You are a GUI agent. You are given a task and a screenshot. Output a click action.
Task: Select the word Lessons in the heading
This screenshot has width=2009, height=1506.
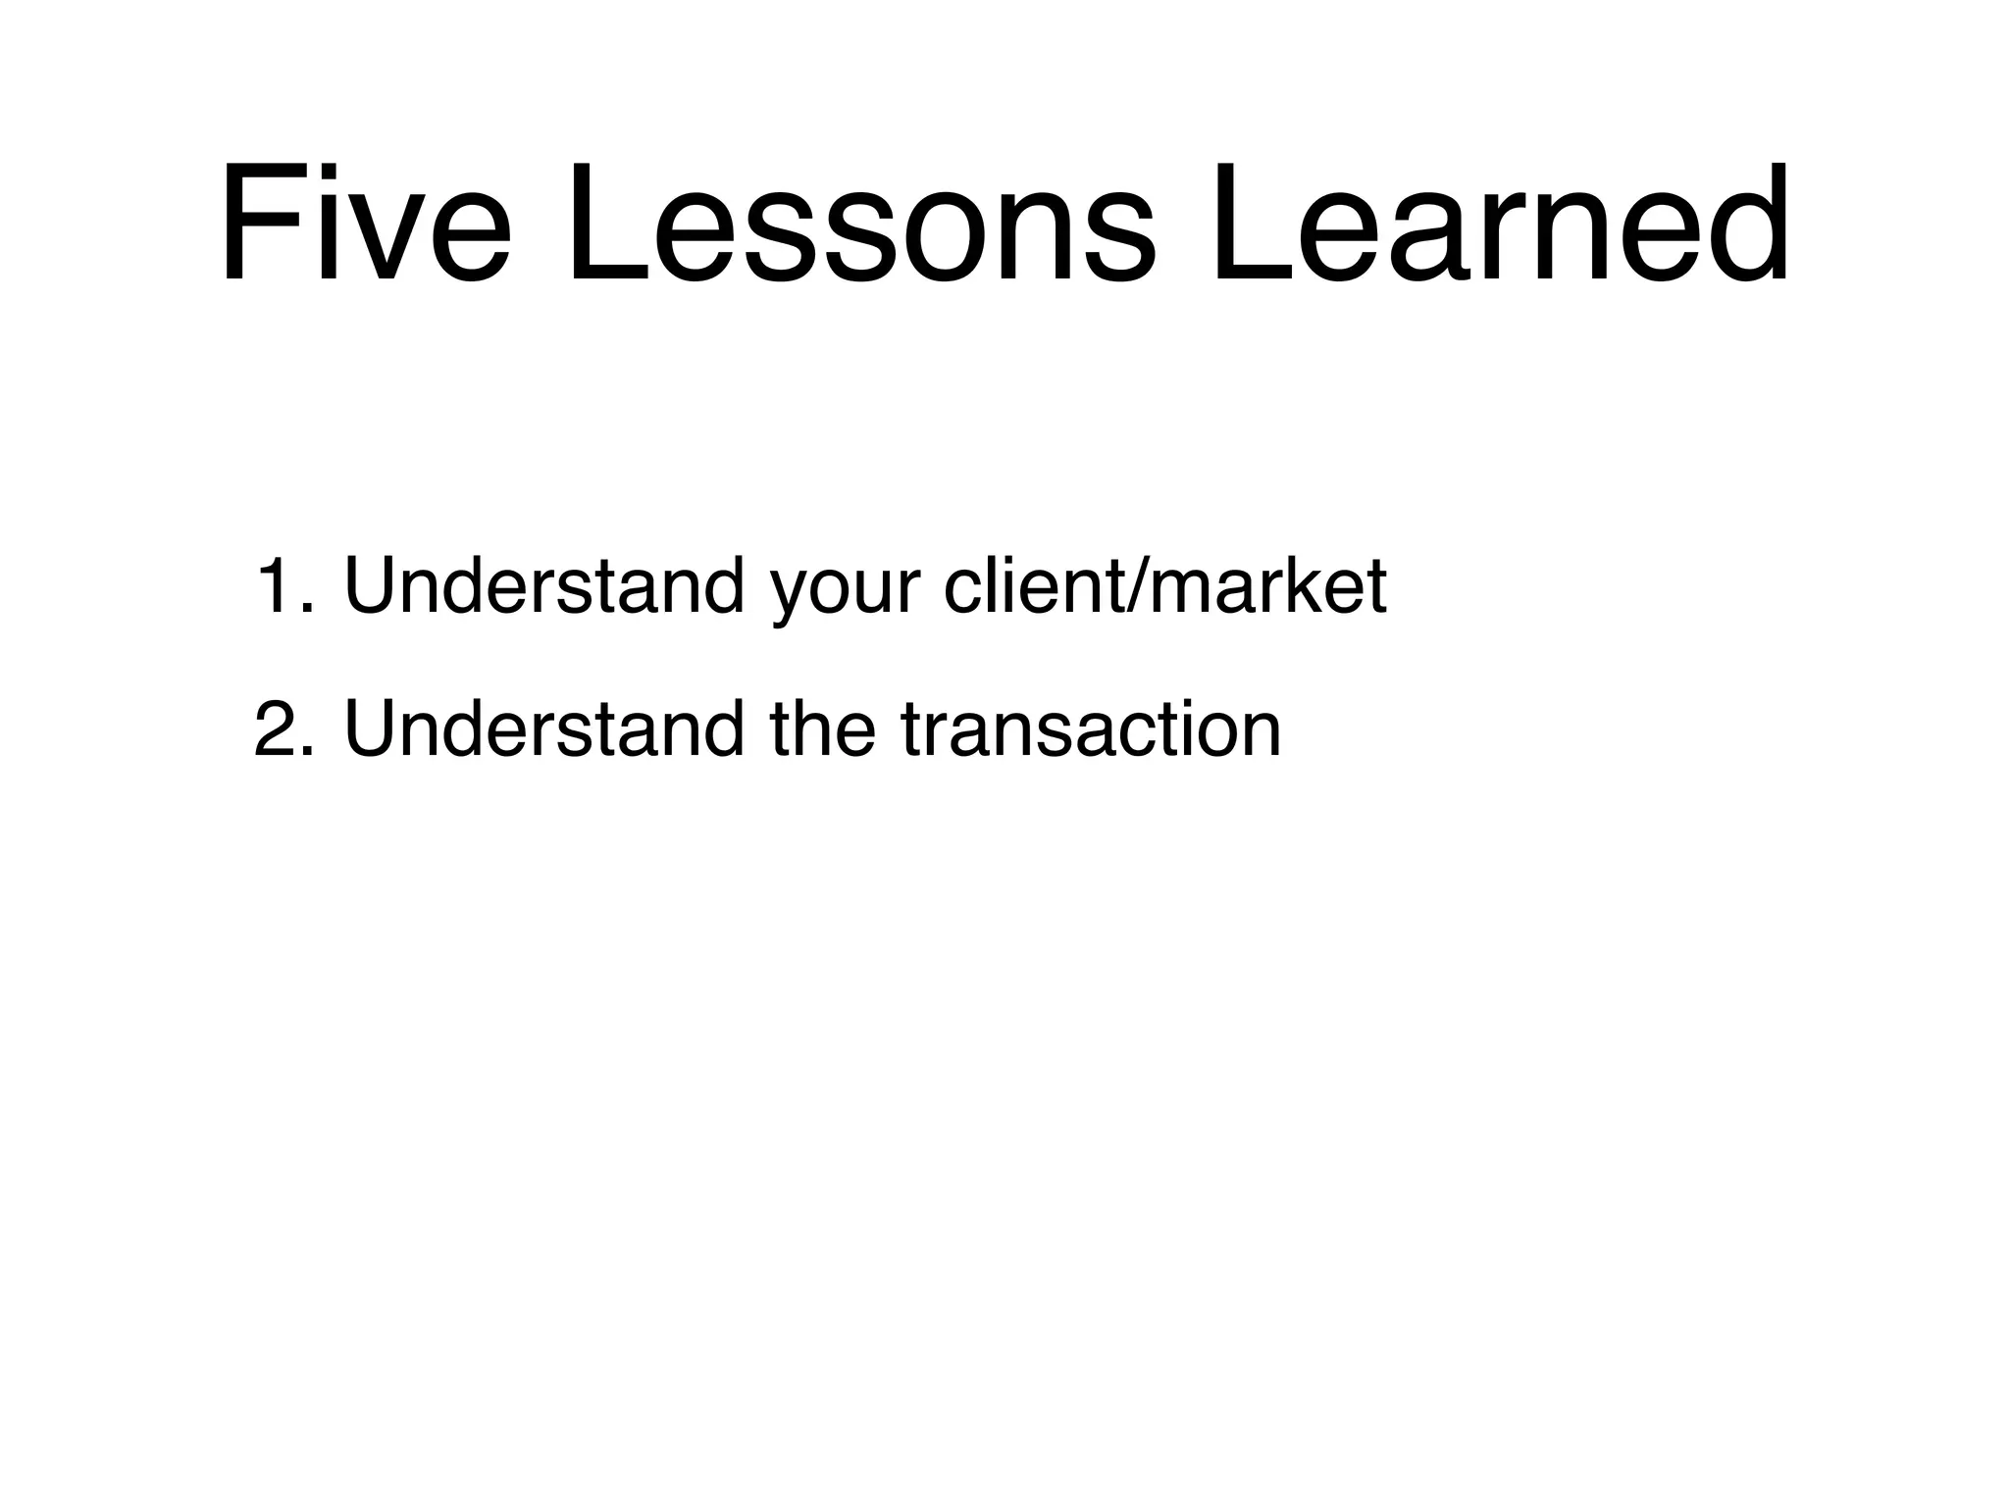859,224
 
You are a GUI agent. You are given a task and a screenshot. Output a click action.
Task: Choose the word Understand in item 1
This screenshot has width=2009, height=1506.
544,586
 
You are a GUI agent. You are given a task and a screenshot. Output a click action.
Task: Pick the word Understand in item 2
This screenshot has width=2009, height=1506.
544,729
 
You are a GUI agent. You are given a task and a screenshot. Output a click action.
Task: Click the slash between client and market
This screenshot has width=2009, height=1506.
1138,586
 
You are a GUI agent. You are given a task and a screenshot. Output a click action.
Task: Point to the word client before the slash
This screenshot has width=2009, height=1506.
1034,586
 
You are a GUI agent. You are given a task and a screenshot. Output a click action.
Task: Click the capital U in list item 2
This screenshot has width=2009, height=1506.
372,729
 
